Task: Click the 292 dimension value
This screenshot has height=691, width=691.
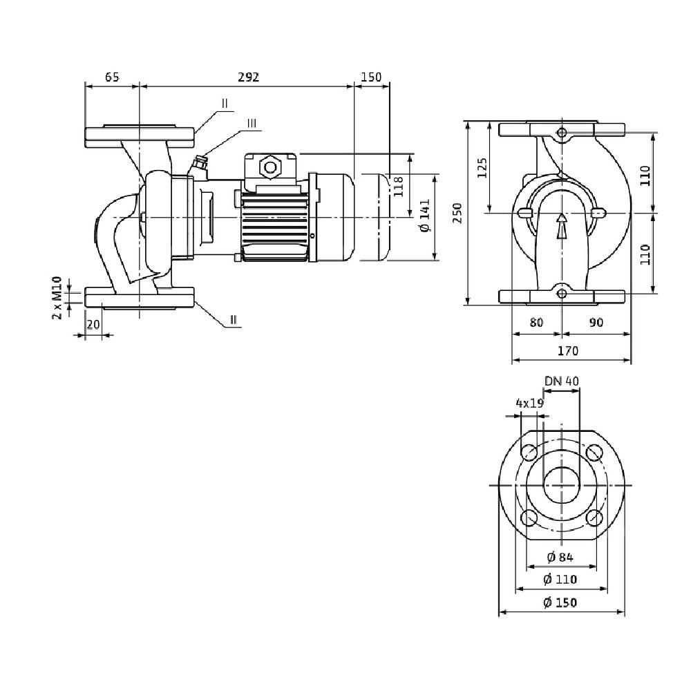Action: [248, 77]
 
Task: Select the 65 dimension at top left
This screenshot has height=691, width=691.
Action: [112, 77]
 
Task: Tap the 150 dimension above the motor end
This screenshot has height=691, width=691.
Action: [371, 77]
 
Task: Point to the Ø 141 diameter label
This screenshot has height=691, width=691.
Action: [424, 216]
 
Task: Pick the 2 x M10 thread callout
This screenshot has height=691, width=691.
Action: [58, 298]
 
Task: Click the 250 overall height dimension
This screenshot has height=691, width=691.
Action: [456, 214]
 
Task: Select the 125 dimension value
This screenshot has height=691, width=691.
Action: [482, 169]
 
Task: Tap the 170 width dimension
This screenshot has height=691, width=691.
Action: [567, 351]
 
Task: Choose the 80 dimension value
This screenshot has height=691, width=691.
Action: [536, 322]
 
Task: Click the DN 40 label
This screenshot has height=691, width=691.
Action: [560, 381]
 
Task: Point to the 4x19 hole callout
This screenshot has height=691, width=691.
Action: [529, 404]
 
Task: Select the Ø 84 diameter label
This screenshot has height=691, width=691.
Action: [560, 558]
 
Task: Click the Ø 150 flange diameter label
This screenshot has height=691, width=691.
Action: [560, 603]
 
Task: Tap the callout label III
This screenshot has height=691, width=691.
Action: [252, 124]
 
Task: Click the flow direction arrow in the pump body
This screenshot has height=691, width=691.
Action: [562, 225]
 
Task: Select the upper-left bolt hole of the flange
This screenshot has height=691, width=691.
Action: [529, 453]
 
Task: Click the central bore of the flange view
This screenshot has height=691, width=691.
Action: [561, 485]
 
